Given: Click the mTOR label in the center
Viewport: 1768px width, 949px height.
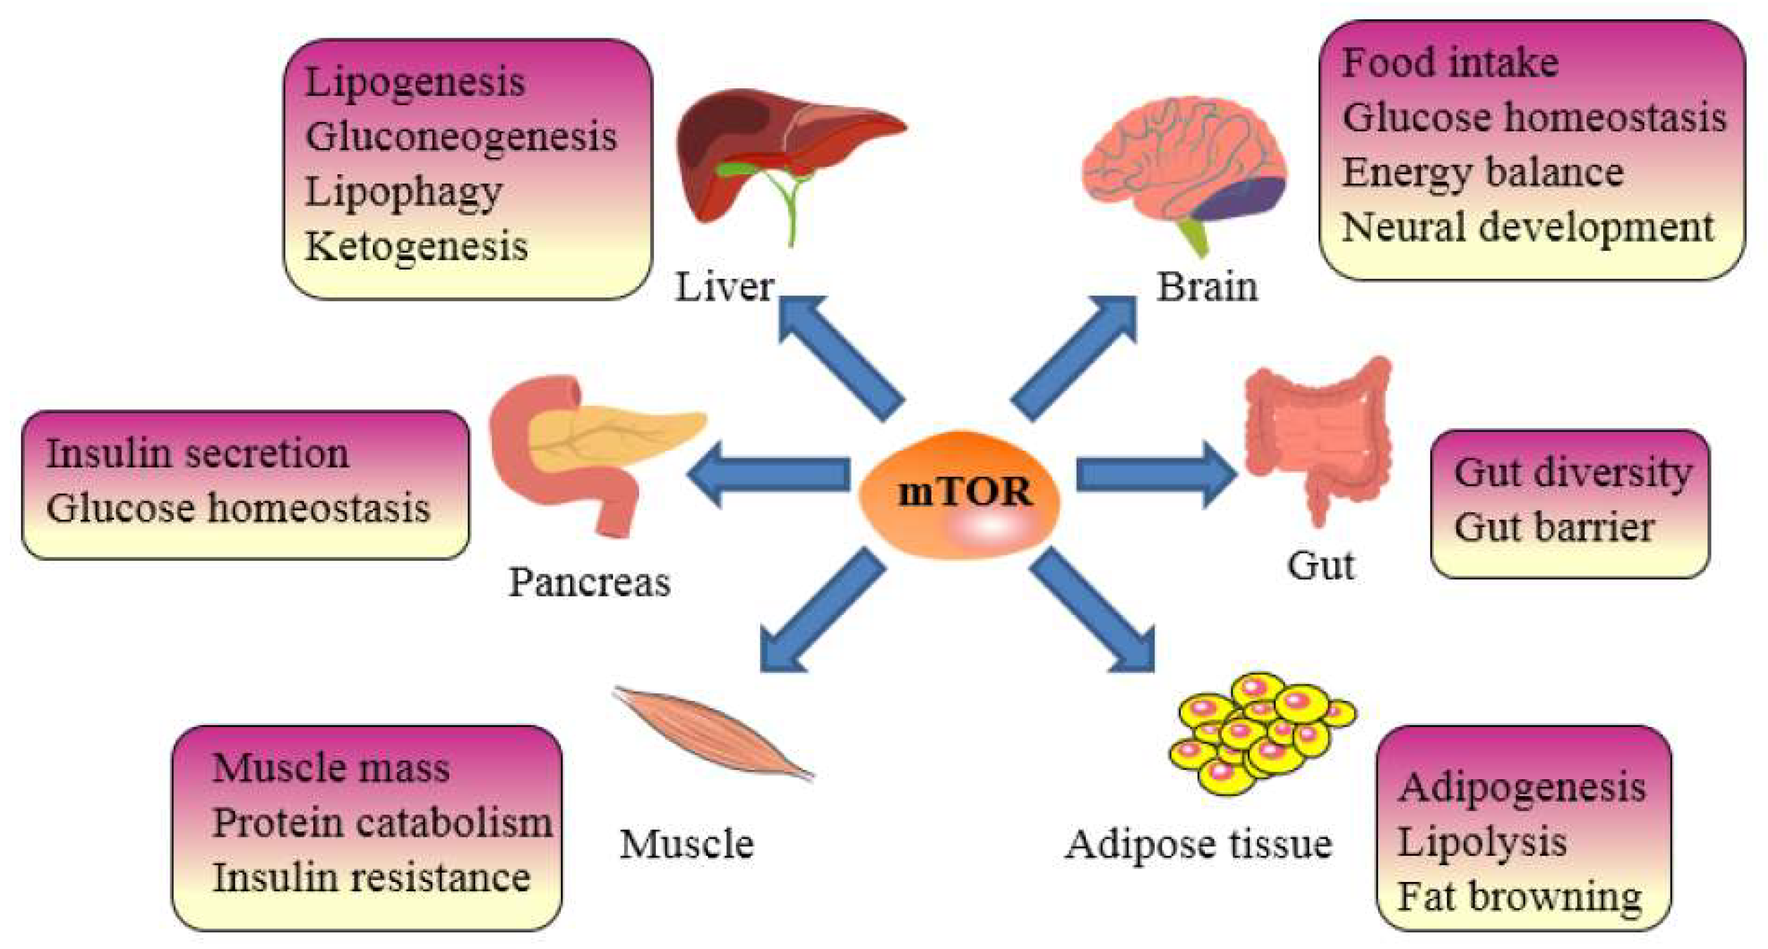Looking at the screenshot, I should pos(964,492).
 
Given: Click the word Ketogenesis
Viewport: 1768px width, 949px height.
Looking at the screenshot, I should pos(417,246).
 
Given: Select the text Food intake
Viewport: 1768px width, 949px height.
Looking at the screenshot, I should pos(1450,63).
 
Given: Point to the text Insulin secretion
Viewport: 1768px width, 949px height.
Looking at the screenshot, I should pos(198,454).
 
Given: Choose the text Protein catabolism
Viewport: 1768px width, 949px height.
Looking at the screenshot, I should pos(382,822).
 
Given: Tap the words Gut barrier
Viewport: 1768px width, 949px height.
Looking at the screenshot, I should pos(1554,527).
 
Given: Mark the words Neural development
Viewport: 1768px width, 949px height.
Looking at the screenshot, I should pos(1528,227).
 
